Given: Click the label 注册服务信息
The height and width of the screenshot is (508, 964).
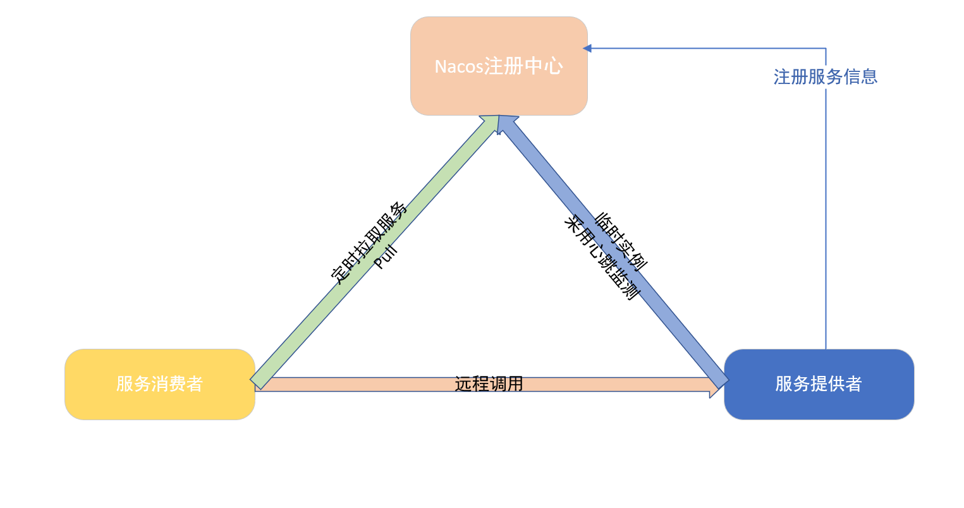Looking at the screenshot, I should pyautogui.click(x=826, y=77).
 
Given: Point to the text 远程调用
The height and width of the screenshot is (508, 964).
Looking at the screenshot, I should pyautogui.click(x=489, y=384).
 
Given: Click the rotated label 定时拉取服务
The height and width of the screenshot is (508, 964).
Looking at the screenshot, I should pyautogui.click(x=369, y=243).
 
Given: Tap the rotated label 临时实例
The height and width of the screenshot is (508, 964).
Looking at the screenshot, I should pyautogui.click(x=621, y=242).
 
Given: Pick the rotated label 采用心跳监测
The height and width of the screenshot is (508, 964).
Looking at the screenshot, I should pyautogui.click(x=602, y=258).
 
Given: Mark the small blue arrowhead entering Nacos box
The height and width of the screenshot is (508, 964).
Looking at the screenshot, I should pyautogui.click(x=587, y=48).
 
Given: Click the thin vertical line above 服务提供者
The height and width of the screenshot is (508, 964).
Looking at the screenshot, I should pyautogui.click(x=826, y=221).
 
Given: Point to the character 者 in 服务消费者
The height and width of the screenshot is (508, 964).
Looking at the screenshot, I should pyautogui.click(x=194, y=384).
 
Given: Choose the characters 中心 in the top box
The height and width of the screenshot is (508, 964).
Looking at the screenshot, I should pyautogui.click(x=544, y=66).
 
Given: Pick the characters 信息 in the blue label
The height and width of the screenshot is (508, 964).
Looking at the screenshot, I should pyautogui.click(x=860, y=77).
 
